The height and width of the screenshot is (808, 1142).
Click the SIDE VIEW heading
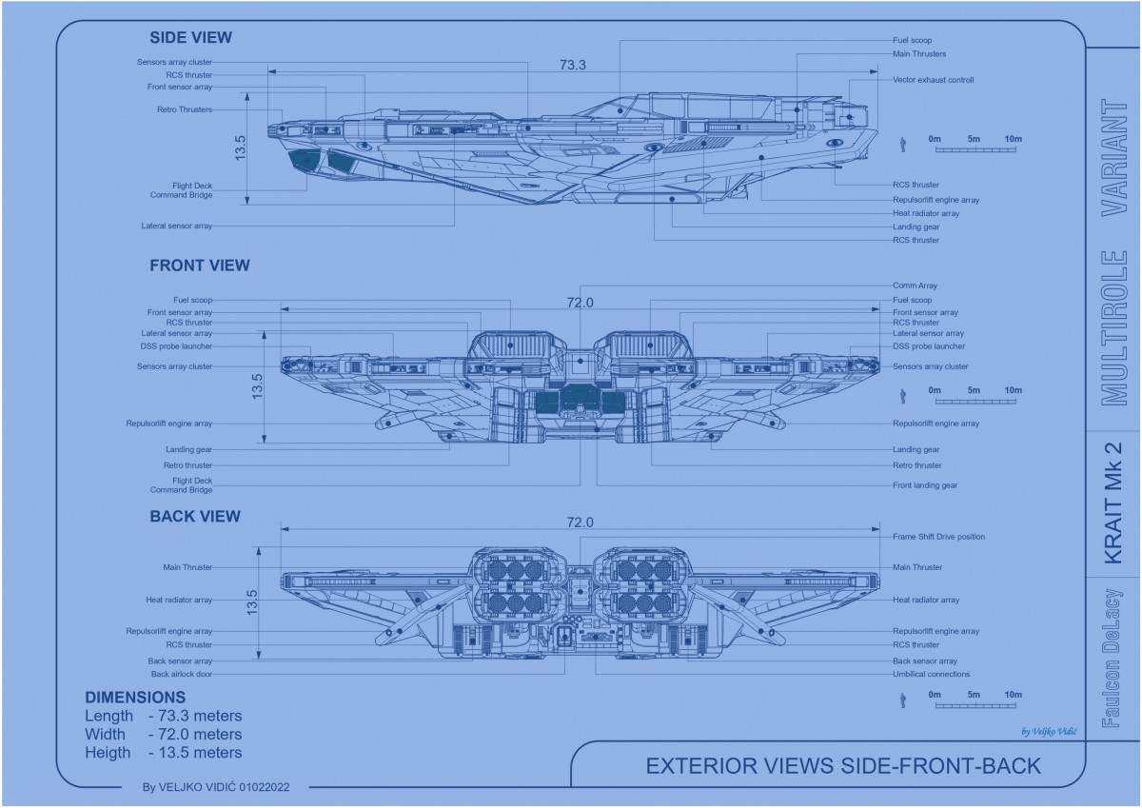tap(190, 38)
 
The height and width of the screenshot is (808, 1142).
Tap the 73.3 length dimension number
tap(573, 66)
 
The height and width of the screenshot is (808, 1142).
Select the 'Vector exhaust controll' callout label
tap(933, 80)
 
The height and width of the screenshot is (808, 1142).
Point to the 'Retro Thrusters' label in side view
tap(185, 109)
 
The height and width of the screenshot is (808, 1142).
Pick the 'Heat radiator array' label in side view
tap(926, 213)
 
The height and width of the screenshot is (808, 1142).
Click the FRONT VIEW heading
tap(200, 266)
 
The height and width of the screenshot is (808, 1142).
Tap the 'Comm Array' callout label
tap(915, 286)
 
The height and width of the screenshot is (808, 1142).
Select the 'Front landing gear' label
tap(925, 485)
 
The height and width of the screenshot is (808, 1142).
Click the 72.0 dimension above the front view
tap(581, 303)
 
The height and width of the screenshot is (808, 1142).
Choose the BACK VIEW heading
tap(195, 517)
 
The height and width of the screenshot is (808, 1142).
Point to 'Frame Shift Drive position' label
tap(938, 537)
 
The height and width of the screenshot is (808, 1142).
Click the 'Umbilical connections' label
tap(931, 674)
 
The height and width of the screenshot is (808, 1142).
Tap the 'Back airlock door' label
tap(181, 674)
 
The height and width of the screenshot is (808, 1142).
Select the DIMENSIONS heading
tap(135, 698)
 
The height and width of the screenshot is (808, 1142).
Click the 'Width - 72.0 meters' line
tap(164, 734)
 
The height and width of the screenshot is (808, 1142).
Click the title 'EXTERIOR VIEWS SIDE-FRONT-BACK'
tap(843, 766)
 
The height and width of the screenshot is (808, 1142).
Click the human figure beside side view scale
tap(902, 145)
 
